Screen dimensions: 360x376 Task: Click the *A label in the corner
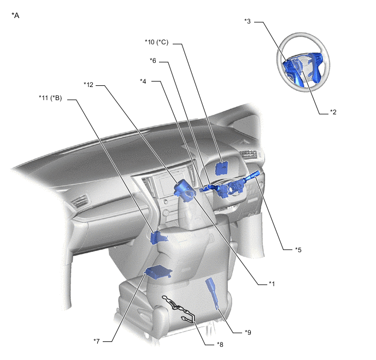(x=15, y=16)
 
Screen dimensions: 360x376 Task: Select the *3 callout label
(x=248, y=21)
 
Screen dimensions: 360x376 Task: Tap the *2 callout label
(x=333, y=112)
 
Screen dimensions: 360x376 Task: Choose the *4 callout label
(x=143, y=82)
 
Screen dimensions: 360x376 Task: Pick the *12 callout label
(x=89, y=84)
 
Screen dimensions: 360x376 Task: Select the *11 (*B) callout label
(x=50, y=98)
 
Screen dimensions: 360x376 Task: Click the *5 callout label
(x=298, y=249)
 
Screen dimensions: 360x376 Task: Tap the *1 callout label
(x=271, y=283)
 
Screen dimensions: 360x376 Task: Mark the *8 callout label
(x=220, y=344)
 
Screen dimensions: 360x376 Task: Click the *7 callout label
(x=96, y=341)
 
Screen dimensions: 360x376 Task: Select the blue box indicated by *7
(x=158, y=272)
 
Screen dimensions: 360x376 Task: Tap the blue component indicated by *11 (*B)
(x=157, y=237)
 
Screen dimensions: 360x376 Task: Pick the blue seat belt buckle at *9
(x=213, y=290)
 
